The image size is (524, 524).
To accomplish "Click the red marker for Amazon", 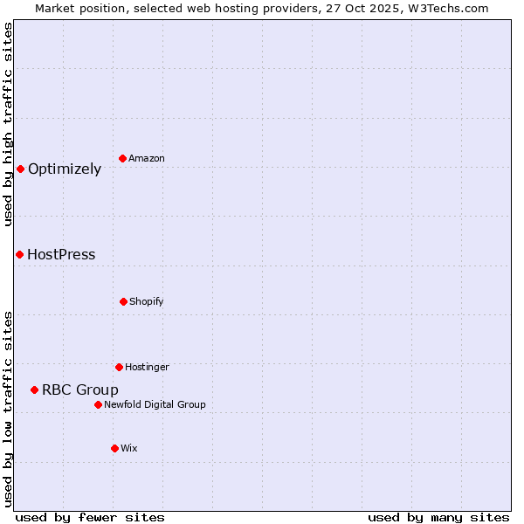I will pyautogui.click(x=122, y=158).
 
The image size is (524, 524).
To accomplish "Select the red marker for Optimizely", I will pyautogui.click(x=20, y=169).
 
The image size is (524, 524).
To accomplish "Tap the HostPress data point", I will pyautogui.click(x=19, y=254).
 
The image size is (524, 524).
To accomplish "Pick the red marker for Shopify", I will pyautogui.click(x=123, y=301).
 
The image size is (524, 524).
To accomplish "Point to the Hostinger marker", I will pyautogui.click(x=119, y=367).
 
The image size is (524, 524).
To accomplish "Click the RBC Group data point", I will pyautogui.click(x=34, y=390).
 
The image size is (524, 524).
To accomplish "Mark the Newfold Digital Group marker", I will pyautogui.click(x=98, y=404).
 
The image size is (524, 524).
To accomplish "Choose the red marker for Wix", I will pyautogui.click(x=114, y=448).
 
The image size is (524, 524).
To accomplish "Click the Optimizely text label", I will pyautogui.click(x=65, y=169).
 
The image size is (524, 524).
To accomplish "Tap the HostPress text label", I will pyautogui.click(x=61, y=255).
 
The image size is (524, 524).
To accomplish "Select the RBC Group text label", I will pyautogui.click(x=80, y=390).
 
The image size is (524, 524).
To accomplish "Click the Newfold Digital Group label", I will pyautogui.click(x=155, y=404).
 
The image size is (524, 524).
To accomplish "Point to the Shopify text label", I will pyautogui.click(x=146, y=301).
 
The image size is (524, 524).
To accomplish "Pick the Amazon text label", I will pyautogui.click(x=146, y=158).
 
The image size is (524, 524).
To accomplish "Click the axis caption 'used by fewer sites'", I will pyautogui.click(x=90, y=517).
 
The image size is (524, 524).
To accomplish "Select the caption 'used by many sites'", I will pyautogui.click(x=438, y=517).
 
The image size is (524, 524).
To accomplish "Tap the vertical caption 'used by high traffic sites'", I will pyautogui.click(x=9, y=124).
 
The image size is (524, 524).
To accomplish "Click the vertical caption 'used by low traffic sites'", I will pyautogui.click(x=9, y=408).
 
